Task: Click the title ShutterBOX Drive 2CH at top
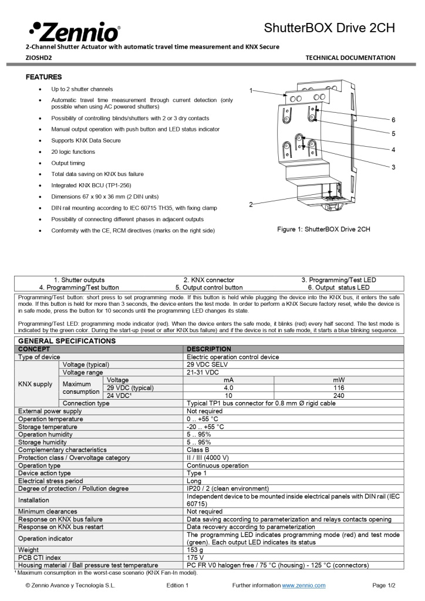(329, 28)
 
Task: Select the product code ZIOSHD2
(39, 58)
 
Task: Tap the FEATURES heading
(44, 77)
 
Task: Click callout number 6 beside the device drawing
(393, 120)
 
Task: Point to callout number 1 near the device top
(251, 90)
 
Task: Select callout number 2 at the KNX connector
(251, 204)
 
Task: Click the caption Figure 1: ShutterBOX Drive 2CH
(323, 229)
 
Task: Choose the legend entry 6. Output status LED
(339, 288)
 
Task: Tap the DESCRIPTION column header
(209, 349)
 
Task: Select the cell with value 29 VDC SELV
(208, 364)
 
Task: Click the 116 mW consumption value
(339, 387)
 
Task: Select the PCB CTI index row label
(39, 557)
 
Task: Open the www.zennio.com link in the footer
(303, 586)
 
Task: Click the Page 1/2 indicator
(384, 586)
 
